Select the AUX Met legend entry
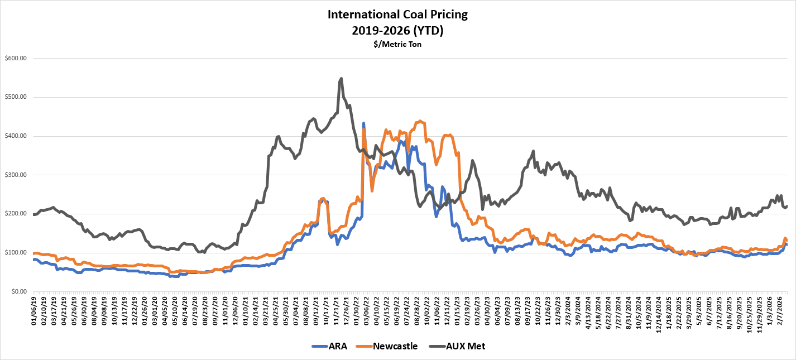466,346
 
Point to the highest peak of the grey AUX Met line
341,78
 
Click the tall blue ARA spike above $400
363,123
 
